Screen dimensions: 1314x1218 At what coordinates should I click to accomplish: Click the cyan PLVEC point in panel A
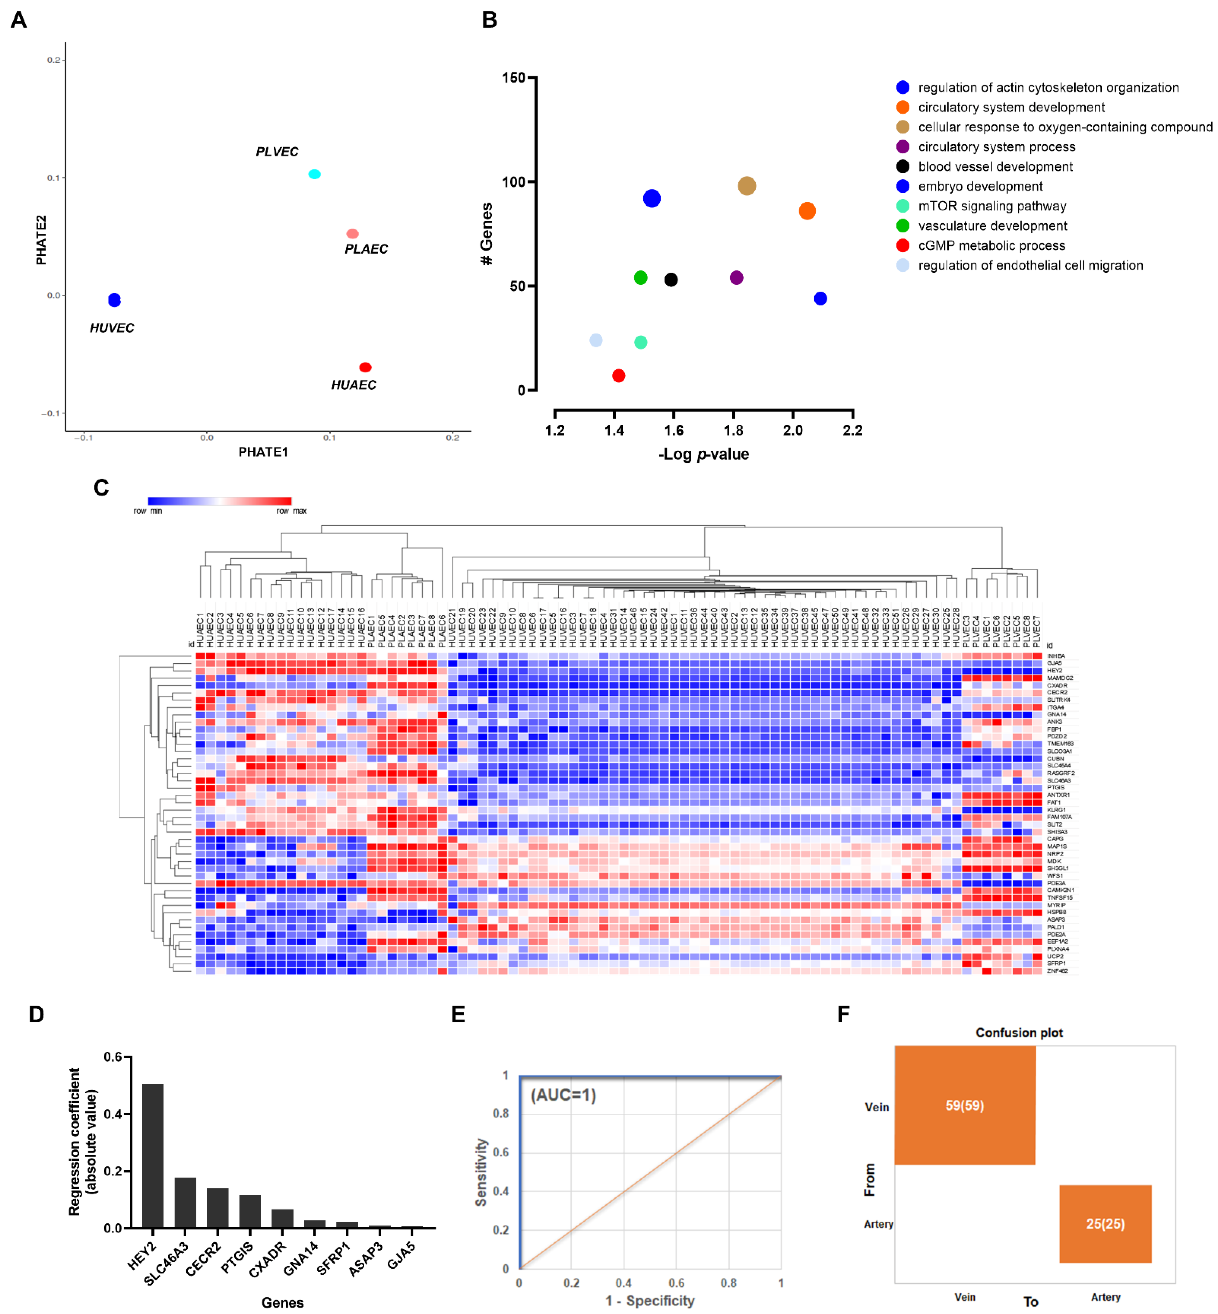point(314,174)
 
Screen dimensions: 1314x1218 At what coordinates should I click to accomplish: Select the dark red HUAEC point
point(365,367)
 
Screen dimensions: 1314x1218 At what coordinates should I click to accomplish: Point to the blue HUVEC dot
point(115,300)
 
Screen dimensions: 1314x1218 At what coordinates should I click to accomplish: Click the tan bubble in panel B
point(746,186)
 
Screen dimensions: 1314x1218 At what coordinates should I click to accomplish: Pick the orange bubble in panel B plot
point(807,211)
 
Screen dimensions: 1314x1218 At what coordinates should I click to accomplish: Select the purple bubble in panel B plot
point(736,278)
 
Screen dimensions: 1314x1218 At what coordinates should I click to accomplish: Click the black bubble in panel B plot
point(671,280)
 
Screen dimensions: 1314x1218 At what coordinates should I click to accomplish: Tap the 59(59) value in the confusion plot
point(964,1106)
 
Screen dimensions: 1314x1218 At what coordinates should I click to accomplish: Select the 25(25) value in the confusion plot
point(1105,1224)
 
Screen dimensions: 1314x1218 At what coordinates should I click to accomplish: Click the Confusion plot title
point(1019,1032)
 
